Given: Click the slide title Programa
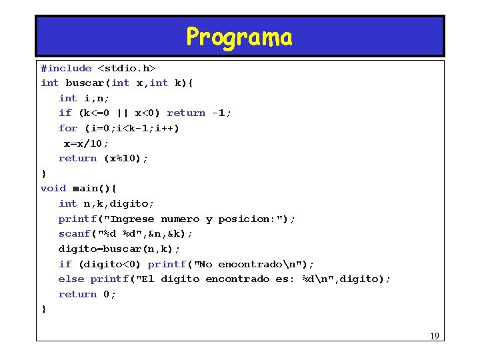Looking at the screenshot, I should tap(239, 37).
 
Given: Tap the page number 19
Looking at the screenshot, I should tap(434, 336).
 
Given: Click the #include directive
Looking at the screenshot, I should tap(66, 68).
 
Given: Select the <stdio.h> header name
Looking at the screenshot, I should tap(127, 68).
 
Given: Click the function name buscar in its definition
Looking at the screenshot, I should tap(83, 83).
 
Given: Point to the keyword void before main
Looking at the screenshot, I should tap(53, 189).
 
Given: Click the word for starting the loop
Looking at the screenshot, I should tap(68, 128).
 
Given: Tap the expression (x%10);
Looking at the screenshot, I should tap(126, 159).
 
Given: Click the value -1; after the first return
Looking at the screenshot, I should tap(221, 113).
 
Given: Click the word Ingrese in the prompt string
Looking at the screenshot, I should tap(132, 219).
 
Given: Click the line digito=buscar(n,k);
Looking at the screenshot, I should tap(119, 249).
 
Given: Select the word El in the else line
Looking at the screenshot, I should tap(147, 279).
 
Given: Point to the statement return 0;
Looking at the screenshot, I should tap(87, 294).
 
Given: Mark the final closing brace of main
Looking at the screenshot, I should tap(44, 309).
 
